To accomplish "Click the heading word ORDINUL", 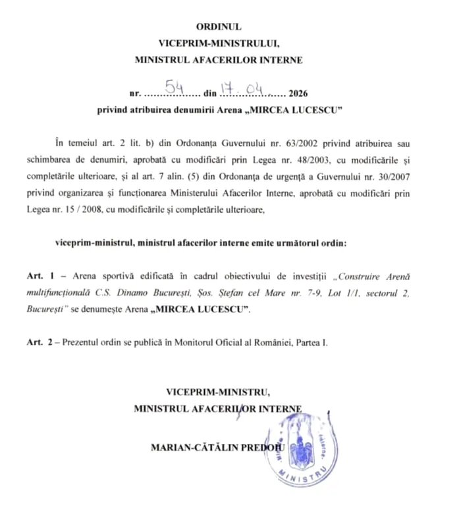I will pos(219,27).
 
